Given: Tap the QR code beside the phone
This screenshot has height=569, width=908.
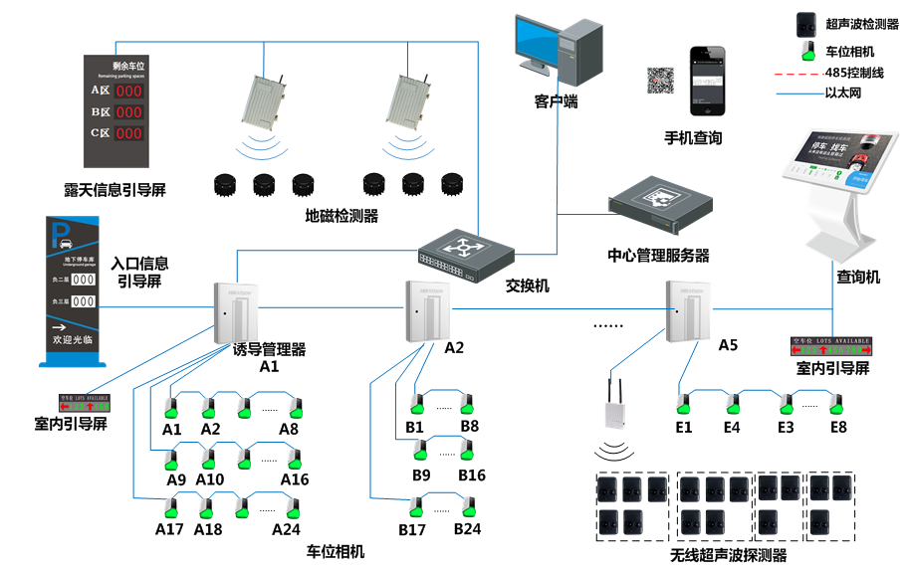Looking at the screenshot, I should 661,80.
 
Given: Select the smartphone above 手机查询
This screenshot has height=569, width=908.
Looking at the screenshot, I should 709,82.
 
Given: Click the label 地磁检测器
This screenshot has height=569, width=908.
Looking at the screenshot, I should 341,215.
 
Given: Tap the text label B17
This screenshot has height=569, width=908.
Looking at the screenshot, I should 412,529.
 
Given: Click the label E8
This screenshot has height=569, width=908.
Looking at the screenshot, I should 838,428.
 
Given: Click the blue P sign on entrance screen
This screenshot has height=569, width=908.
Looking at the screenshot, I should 61,235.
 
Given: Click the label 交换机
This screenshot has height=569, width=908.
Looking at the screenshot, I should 528,285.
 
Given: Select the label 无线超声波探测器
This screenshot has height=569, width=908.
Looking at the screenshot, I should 728,555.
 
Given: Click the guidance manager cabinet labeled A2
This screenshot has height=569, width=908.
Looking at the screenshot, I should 426,309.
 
